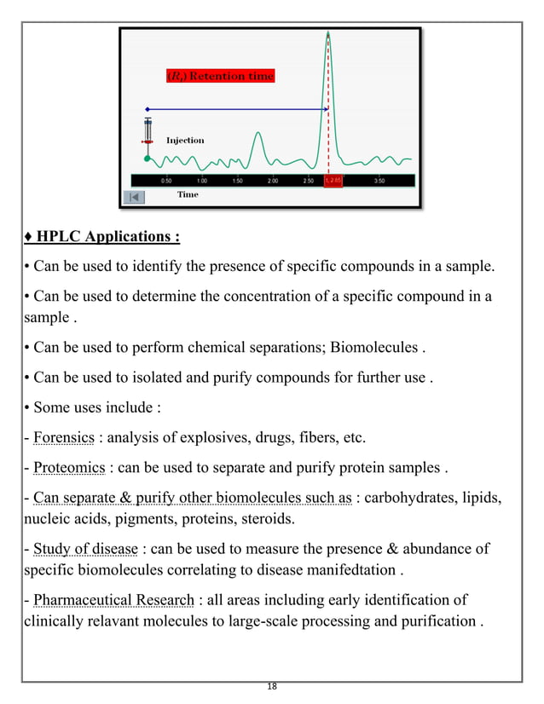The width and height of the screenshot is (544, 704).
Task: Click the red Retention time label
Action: click(220, 76)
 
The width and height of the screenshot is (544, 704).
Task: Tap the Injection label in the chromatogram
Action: click(185, 140)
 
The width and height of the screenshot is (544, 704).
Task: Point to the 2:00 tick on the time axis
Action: click(272, 181)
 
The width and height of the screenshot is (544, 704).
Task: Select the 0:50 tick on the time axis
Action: click(166, 181)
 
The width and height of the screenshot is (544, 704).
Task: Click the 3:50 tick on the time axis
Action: click(379, 181)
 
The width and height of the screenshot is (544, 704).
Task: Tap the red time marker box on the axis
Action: click(333, 181)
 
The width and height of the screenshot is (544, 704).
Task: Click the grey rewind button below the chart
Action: click(136, 197)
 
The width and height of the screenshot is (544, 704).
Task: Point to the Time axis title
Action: click(188, 195)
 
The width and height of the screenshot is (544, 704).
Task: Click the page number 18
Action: click(272, 687)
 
